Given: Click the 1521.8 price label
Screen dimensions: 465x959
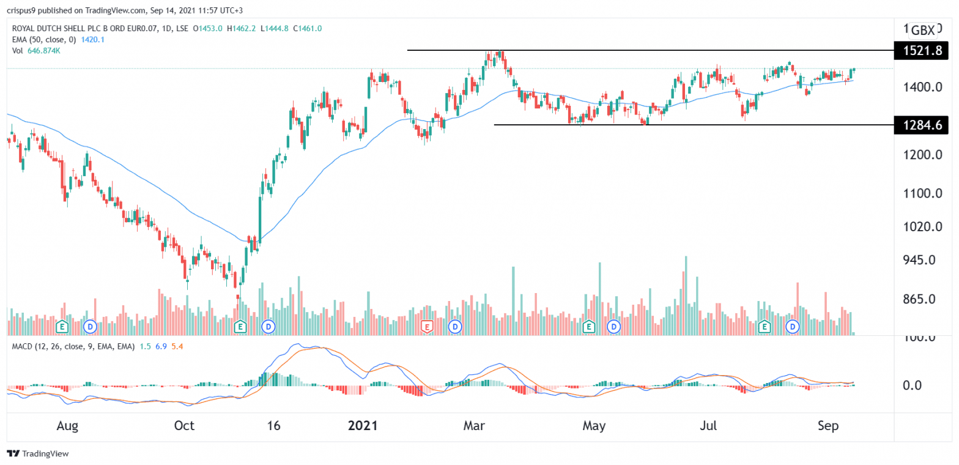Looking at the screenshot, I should pyautogui.click(x=921, y=51).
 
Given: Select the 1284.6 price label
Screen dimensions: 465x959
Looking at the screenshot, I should pyautogui.click(x=921, y=125).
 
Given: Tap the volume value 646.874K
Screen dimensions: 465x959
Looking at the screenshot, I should pyautogui.click(x=47, y=51).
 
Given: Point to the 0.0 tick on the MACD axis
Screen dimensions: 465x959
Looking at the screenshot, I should pyautogui.click(x=922, y=385).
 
